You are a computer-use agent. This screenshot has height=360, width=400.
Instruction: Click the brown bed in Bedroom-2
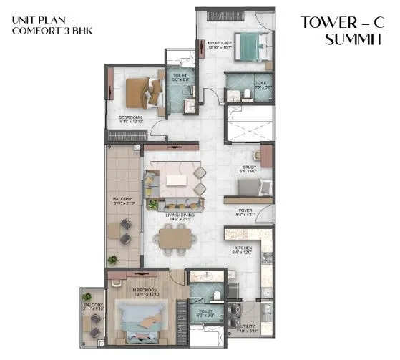click(x=140, y=91)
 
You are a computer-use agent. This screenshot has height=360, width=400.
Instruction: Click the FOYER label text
click(x=245, y=210)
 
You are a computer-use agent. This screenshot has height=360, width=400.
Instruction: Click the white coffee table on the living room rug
click(x=176, y=176)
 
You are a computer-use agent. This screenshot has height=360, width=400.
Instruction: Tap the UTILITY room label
click(x=245, y=328)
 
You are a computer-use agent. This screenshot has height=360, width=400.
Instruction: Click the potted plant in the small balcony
click(x=87, y=296)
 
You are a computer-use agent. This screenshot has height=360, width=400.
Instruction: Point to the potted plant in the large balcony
click(x=112, y=260)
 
